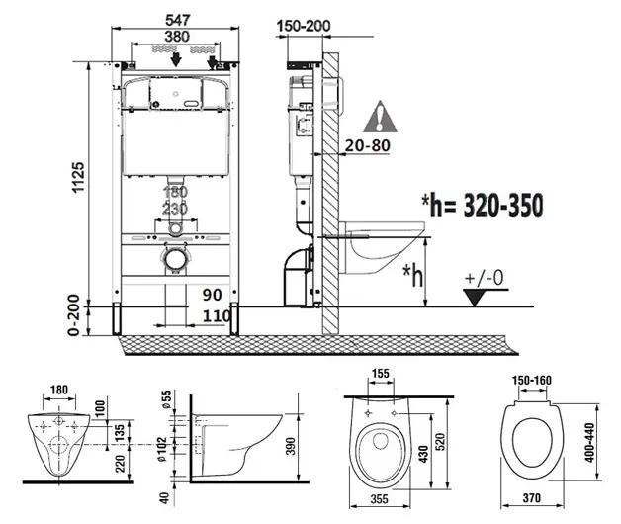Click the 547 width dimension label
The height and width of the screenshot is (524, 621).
tap(178, 20)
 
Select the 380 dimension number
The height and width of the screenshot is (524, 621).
tap(177, 37)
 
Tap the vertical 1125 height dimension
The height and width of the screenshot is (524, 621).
tap(78, 177)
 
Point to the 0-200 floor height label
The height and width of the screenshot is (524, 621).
tap(73, 315)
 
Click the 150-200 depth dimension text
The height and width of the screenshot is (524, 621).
tap(304, 26)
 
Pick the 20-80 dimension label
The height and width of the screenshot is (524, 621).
tap(368, 145)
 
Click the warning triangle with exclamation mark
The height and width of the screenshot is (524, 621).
tap(380, 117)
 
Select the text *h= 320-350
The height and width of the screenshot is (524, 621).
tap(483, 206)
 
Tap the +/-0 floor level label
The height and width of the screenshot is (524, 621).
tap(484, 278)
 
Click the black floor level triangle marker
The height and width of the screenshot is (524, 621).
tap(475, 297)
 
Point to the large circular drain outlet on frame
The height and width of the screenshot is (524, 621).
tap(175, 260)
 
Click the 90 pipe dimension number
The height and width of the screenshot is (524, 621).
tap(213, 295)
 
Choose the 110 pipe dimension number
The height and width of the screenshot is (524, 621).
tap(217, 316)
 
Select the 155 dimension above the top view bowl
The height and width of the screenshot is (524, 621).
tap(381, 373)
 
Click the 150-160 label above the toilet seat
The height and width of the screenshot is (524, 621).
tap(531, 381)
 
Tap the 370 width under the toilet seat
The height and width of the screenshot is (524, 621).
tap(531, 498)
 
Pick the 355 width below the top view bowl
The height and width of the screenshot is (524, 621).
tap(380, 499)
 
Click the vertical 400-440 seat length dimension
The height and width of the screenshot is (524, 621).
tap(589, 443)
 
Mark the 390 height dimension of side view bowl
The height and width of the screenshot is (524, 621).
tap(291, 446)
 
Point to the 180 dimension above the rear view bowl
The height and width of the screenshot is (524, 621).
tap(59, 390)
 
